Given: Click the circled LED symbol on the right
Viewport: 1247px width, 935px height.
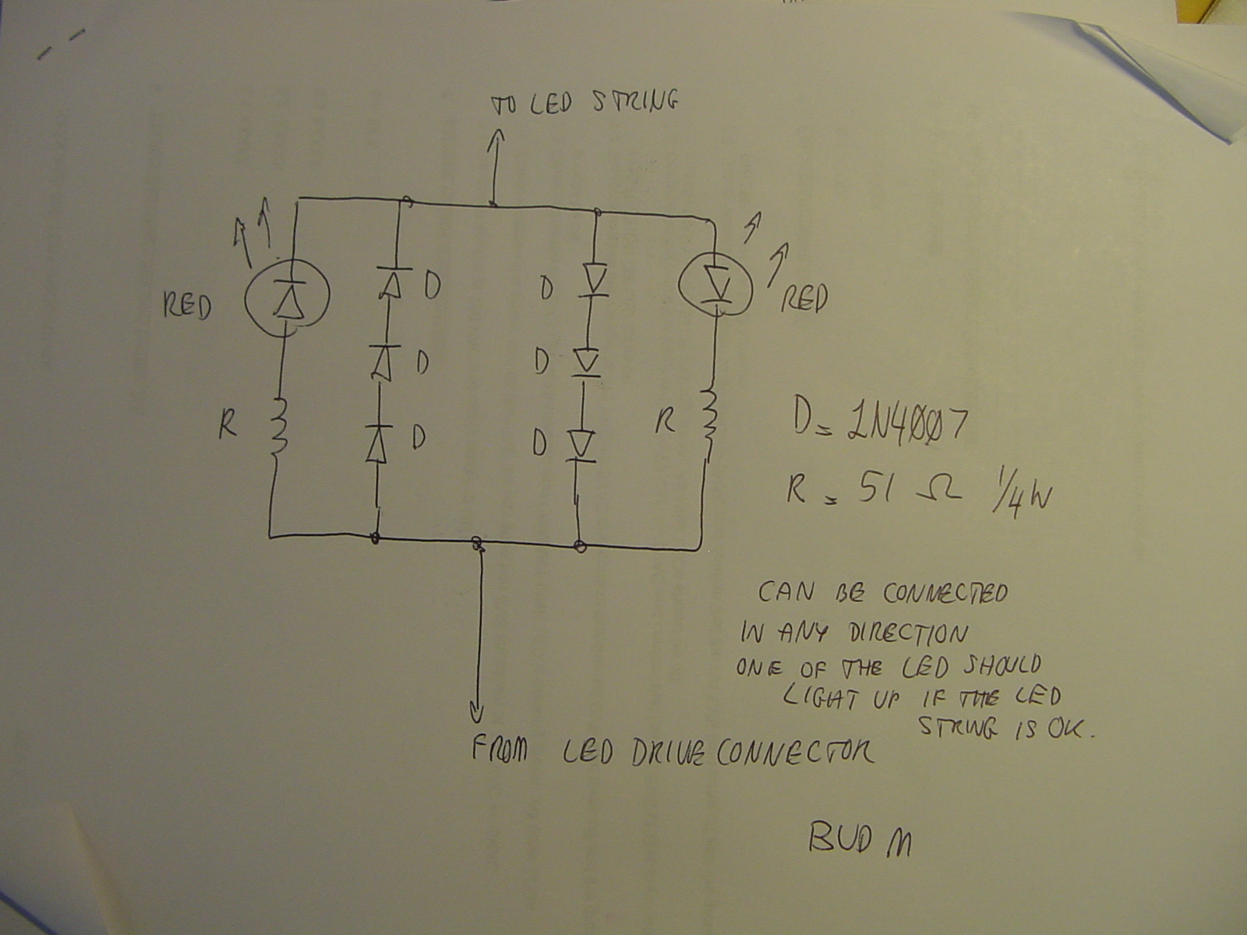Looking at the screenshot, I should click(x=715, y=284).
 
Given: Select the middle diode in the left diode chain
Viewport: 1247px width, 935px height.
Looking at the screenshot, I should click(x=383, y=361).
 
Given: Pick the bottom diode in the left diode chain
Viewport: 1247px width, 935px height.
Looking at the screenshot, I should click(x=377, y=442).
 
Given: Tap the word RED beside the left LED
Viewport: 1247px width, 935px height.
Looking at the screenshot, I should click(x=186, y=306).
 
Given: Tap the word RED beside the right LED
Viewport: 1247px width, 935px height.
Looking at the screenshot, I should click(x=804, y=298).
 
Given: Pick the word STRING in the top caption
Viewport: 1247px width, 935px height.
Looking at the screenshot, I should click(x=634, y=101).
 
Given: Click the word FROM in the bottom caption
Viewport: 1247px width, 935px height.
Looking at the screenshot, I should click(x=500, y=750).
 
